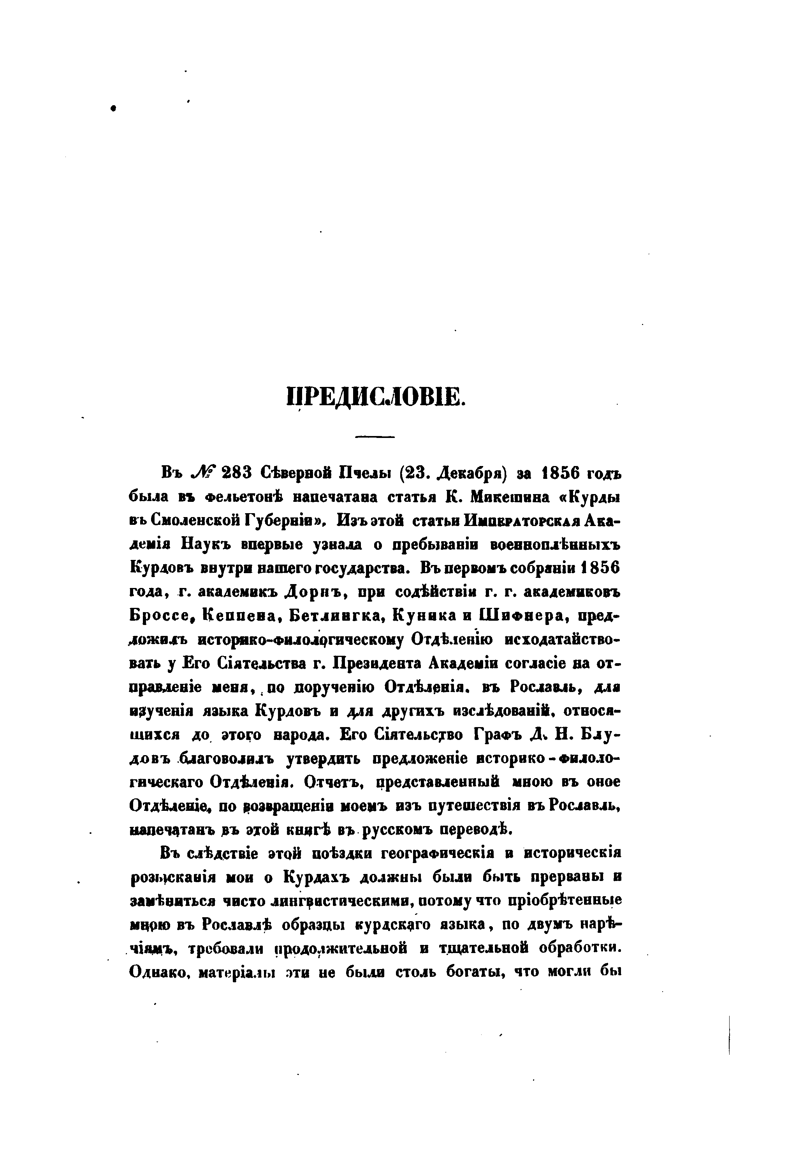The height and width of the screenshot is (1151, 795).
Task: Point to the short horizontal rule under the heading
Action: [x=374, y=437]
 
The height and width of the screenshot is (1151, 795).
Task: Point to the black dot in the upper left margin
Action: [x=114, y=108]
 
